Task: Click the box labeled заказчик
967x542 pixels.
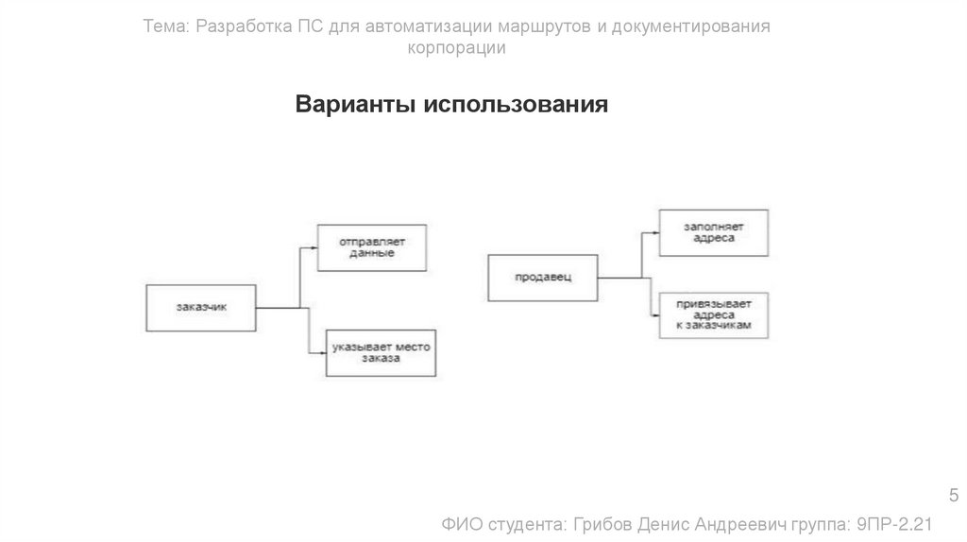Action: [x=201, y=307]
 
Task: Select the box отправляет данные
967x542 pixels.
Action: [x=370, y=247]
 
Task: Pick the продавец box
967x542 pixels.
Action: [x=543, y=277]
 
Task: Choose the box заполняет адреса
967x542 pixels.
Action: [x=714, y=232]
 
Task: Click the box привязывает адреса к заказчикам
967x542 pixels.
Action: [x=714, y=315]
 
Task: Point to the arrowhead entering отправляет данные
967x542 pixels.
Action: [x=313, y=248]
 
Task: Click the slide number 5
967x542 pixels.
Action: [x=952, y=497]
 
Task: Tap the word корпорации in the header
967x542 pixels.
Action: [x=456, y=49]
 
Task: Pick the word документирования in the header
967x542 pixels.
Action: [x=691, y=26]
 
